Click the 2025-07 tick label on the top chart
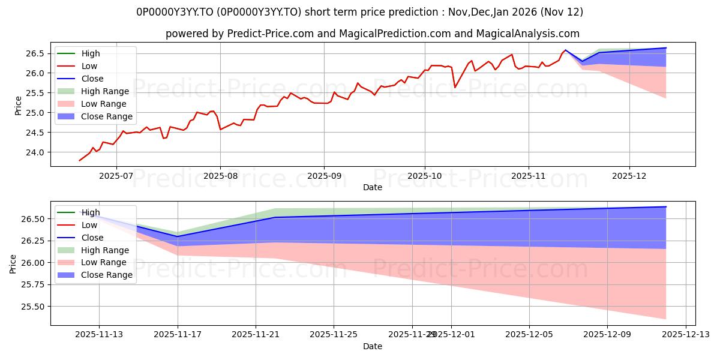coord(116,176)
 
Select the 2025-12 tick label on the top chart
coord(629,176)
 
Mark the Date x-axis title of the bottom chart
coord(372,346)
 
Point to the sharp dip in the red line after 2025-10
coord(455,87)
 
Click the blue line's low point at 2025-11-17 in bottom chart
coord(178,236)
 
